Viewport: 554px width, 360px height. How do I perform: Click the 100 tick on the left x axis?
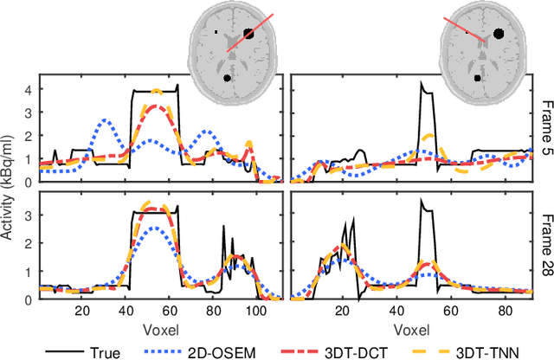tap(256, 313)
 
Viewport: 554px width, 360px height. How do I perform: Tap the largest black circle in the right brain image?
tap(498, 34)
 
